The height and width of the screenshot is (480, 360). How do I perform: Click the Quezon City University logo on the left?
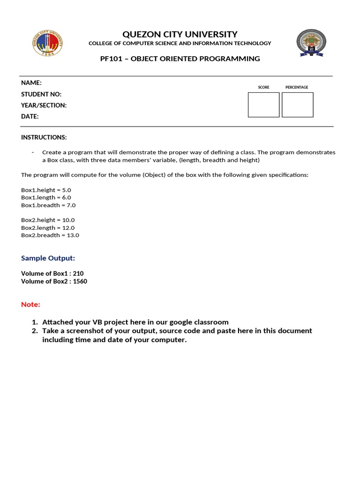pos(47,43)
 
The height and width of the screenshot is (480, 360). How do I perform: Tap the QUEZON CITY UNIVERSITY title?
pos(180,34)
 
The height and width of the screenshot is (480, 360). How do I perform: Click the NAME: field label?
pos(31,82)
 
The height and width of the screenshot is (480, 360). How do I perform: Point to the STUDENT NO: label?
pos(41,94)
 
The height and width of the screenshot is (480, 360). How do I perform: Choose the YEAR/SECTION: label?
pos(44,105)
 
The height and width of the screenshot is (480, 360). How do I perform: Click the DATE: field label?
pos(30,116)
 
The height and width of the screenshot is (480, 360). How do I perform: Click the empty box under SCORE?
pos(263,105)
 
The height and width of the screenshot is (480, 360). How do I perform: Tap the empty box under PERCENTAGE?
pos(297,105)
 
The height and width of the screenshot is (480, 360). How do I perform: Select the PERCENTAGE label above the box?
pos(297,87)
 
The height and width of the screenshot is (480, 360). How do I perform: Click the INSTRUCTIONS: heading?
pos(44,137)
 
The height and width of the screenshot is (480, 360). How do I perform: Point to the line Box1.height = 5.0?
pos(46,190)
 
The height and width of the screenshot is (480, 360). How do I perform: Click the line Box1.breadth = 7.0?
pos(48,205)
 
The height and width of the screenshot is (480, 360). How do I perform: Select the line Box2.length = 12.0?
pos(48,227)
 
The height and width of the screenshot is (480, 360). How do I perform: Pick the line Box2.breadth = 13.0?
pos(50,235)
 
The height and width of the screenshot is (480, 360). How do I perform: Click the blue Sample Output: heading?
pos(48,258)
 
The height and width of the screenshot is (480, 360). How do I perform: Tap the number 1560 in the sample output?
pos(80,281)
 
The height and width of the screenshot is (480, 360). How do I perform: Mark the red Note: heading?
pos(30,304)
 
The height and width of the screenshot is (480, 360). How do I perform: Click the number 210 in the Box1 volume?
pos(78,273)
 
